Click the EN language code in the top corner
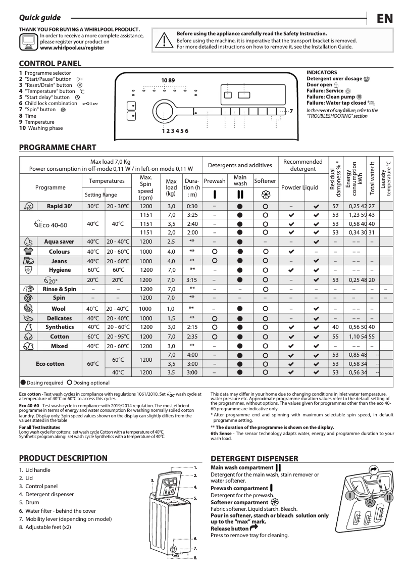[x=384, y=19]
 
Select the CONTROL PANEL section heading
[x=50, y=64]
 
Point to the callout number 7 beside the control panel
[x=291, y=111]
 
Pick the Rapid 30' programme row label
[x=60, y=206]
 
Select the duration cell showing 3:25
[x=192, y=215]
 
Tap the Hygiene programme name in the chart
[x=60, y=270]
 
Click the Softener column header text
[x=265, y=181]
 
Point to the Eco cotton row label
[x=50, y=364]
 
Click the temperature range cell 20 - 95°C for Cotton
[x=118, y=336]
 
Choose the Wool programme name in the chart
[x=59, y=309]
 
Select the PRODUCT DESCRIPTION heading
[x=63, y=458]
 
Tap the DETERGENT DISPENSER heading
[x=254, y=459]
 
